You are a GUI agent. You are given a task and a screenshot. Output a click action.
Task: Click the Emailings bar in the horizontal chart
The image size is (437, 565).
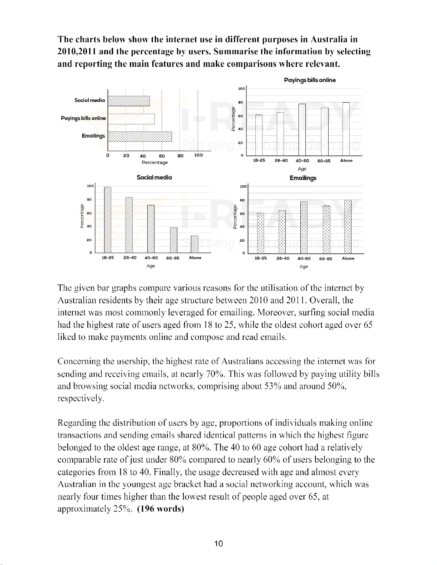(x=140, y=137)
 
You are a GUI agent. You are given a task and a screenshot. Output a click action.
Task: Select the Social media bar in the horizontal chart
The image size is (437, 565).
(x=129, y=101)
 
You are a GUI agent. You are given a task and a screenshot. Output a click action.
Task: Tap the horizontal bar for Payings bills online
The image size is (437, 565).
(x=131, y=119)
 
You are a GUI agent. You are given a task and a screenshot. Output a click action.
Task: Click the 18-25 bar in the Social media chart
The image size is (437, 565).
(x=108, y=219)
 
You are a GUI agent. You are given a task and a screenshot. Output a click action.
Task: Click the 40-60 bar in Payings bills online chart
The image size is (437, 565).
(x=302, y=130)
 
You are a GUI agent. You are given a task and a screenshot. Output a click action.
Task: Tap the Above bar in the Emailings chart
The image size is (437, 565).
(x=348, y=227)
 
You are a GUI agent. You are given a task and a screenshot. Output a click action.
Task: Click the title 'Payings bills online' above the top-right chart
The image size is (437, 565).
(x=310, y=80)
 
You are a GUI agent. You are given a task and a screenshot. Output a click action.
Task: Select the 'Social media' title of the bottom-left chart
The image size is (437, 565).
(x=154, y=177)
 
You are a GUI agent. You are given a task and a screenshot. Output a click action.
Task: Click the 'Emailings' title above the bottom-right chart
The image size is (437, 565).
(x=303, y=178)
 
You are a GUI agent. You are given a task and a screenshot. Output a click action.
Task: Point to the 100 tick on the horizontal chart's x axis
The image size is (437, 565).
(x=198, y=155)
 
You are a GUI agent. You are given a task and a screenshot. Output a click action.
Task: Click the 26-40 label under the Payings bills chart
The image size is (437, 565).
(x=281, y=161)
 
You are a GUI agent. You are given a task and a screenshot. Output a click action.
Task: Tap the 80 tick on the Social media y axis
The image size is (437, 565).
(x=90, y=199)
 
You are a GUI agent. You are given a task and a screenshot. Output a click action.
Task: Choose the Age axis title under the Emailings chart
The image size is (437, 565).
(x=304, y=267)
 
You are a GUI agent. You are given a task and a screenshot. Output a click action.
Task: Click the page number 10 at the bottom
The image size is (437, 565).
(x=219, y=544)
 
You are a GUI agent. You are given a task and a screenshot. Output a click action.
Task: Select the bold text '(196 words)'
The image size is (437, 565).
(x=161, y=509)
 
